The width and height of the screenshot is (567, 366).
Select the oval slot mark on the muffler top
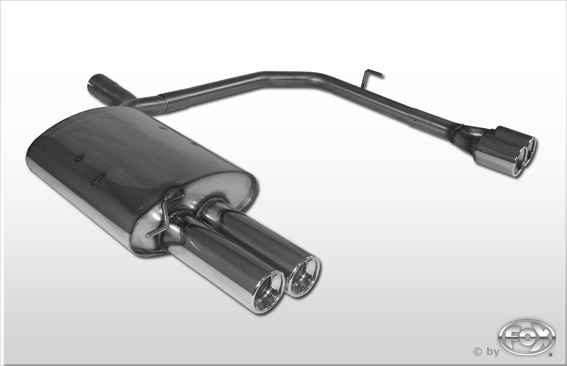(98, 180)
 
